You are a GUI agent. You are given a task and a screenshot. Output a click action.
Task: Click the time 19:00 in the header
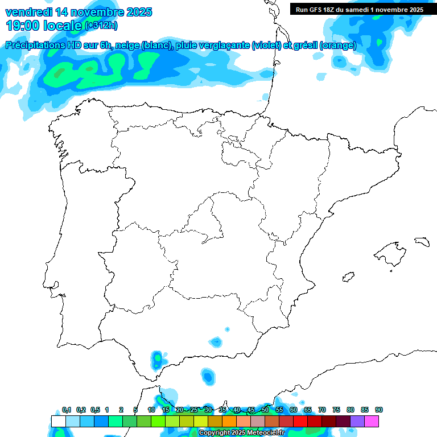click(24, 25)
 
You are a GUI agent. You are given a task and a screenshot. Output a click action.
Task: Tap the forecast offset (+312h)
click(101, 26)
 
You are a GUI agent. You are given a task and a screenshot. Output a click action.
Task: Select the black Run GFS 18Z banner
click(359, 9)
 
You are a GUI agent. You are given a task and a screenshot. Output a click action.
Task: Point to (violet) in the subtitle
click(266, 46)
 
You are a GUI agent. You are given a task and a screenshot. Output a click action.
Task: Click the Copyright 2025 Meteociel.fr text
click(241, 433)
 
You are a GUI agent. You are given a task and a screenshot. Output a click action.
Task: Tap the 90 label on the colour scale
click(379, 410)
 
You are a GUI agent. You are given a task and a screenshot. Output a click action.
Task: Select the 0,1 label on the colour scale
click(67, 410)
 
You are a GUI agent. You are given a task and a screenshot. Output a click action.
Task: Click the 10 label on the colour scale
click(151, 410)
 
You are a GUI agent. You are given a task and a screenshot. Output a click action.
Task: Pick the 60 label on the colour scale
click(294, 410)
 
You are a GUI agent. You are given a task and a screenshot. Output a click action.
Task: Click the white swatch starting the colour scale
click(58, 421)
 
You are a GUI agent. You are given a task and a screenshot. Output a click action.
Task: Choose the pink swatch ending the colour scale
click(372, 421)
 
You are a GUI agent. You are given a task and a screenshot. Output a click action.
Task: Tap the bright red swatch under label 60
click(300, 421)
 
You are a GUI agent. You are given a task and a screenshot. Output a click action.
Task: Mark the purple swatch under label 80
click(357, 421)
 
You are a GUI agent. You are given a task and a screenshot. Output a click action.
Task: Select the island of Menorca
click(422, 241)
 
